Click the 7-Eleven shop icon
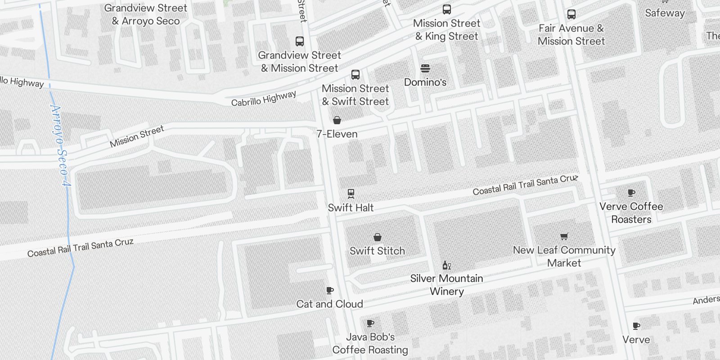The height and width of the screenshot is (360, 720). click(x=337, y=120)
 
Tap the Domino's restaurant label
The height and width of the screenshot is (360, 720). click(x=425, y=82)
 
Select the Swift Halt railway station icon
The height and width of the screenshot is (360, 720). click(x=351, y=194)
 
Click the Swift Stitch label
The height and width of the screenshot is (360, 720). click(x=377, y=251)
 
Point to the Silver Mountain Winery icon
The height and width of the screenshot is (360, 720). click(x=446, y=265)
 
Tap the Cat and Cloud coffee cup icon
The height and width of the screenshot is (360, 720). click(x=330, y=291)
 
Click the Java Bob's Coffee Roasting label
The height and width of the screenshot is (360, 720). click(x=370, y=343)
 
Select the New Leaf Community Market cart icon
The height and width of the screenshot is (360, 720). click(x=564, y=237)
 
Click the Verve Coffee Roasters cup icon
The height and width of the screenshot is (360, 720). click(x=631, y=193)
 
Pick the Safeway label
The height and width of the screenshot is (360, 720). click(x=665, y=13)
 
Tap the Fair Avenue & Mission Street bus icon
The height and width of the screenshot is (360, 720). click(x=571, y=14)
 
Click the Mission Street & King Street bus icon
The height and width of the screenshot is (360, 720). click(x=447, y=9)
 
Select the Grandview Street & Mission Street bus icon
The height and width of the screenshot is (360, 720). click(x=300, y=41)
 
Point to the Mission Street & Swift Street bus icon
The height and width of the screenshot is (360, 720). click(x=355, y=75)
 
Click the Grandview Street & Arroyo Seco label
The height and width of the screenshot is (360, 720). click(x=146, y=14)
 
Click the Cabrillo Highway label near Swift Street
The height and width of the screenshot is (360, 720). click(x=264, y=99)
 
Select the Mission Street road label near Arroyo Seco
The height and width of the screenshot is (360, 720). click(x=137, y=137)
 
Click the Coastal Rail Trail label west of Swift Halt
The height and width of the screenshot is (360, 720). click(x=80, y=247)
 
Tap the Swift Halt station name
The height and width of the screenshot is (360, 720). click(x=351, y=207)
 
